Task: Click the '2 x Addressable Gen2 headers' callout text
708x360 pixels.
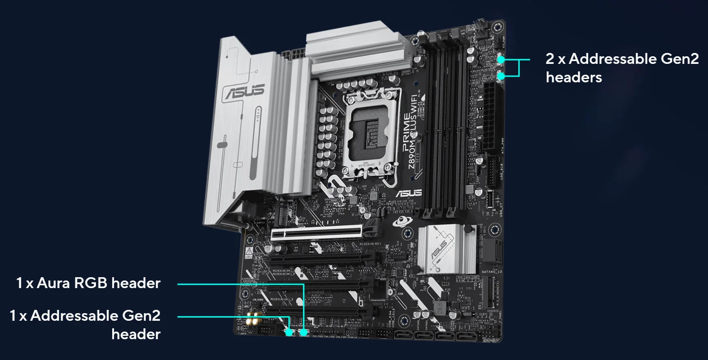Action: click(x=622, y=68)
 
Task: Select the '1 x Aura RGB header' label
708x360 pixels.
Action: click(x=88, y=283)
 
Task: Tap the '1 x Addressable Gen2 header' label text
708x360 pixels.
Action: click(x=86, y=325)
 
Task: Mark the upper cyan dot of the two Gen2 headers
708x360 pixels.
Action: click(x=501, y=60)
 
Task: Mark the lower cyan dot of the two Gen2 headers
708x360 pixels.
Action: click(x=501, y=76)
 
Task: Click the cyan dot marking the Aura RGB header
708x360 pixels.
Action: click(x=304, y=332)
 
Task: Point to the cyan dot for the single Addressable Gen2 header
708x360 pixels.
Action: click(x=289, y=333)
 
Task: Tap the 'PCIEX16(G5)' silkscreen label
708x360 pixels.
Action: click(x=389, y=242)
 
